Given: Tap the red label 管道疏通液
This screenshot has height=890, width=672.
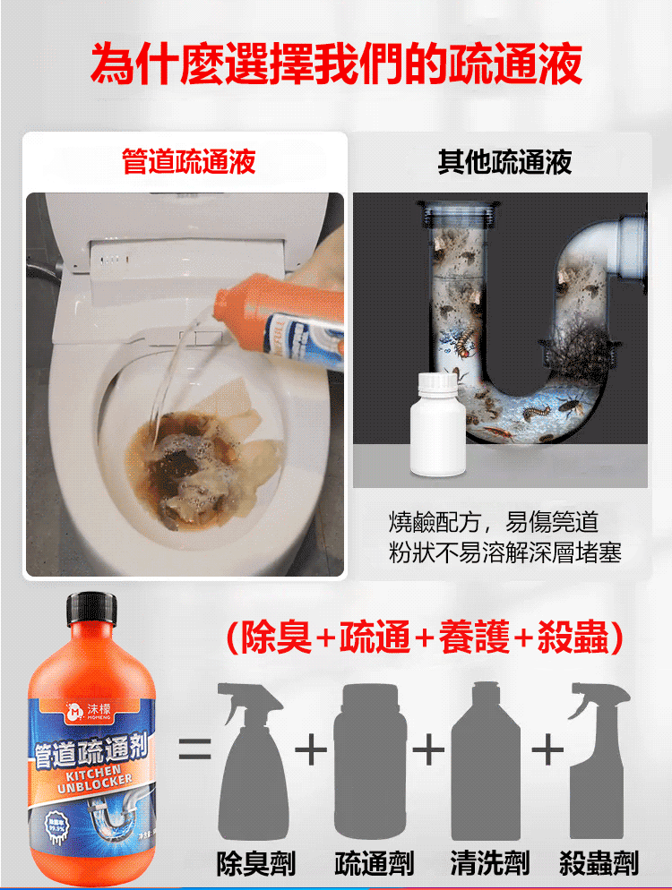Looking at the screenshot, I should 188,162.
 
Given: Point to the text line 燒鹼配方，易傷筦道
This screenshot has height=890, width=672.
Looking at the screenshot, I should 494,522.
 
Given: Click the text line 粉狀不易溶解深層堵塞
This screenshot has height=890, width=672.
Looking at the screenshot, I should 504,552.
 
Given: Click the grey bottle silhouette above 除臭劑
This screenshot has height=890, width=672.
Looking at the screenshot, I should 254,766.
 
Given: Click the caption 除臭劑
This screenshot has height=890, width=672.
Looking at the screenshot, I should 255,863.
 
